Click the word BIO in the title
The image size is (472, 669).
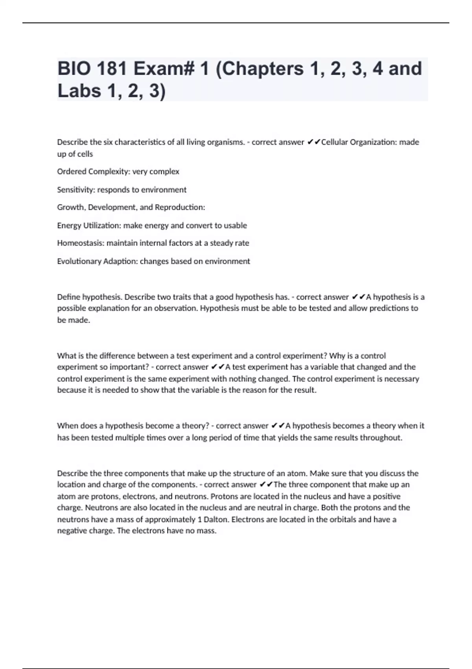point(73,68)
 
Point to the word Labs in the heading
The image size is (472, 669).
point(78,91)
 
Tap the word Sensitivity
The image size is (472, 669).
point(76,190)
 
